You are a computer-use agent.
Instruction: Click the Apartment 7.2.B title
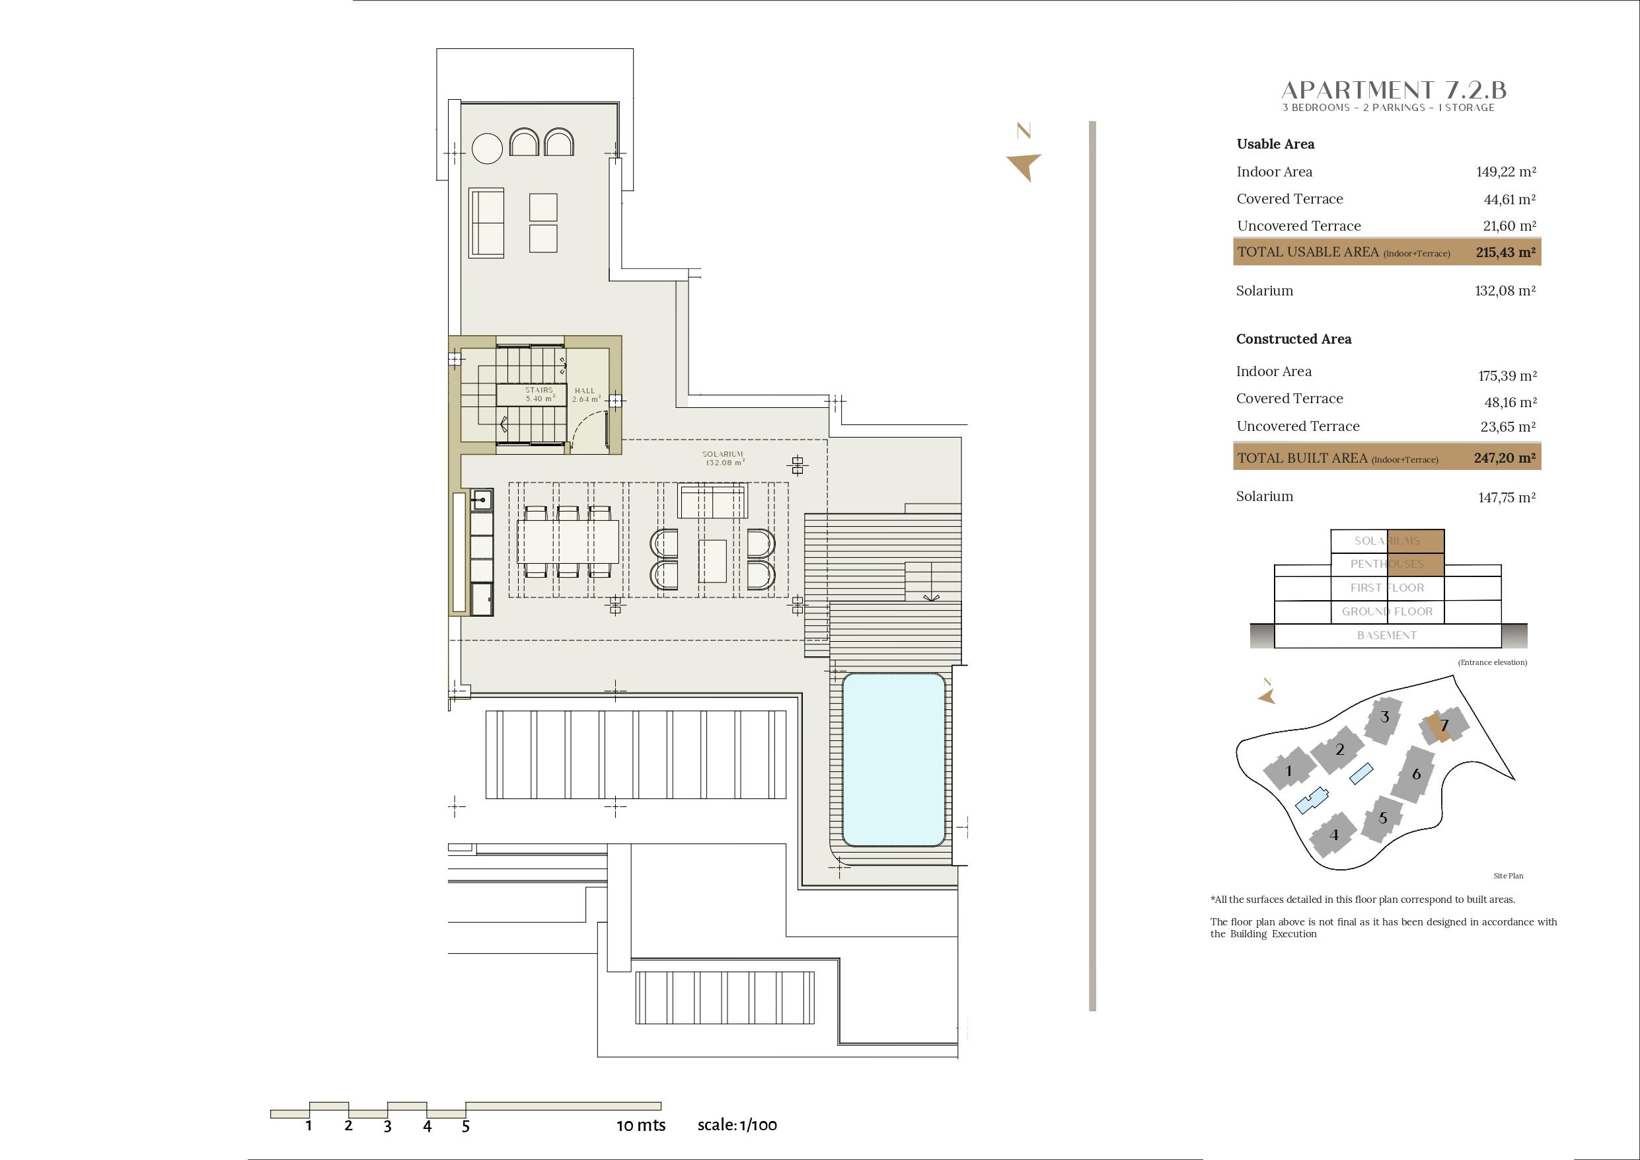(x=1394, y=90)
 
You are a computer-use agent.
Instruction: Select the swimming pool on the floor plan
(x=893, y=759)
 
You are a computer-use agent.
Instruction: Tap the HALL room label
(x=585, y=391)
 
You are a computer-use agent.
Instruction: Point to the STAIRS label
(x=539, y=390)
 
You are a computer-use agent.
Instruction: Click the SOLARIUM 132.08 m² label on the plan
(x=723, y=458)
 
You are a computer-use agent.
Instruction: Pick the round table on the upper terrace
(x=487, y=149)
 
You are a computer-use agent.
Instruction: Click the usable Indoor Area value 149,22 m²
(x=1506, y=172)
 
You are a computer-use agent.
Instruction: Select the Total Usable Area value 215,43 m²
(x=1506, y=252)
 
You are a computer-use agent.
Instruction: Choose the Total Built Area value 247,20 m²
(x=1505, y=458)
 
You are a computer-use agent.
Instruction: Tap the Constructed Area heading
(x=1294, y=339)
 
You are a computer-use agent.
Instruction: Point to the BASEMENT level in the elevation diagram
(x=1387, y=635)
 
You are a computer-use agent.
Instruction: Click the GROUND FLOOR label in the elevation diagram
(x=1387, y=612)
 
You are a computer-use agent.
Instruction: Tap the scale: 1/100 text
(x=737, y=1125)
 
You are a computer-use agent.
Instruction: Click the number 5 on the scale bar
(x=466, y=1127)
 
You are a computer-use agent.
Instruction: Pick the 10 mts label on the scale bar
(x=641, y=1126)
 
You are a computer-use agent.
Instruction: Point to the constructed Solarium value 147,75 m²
(x=1507, y=498)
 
